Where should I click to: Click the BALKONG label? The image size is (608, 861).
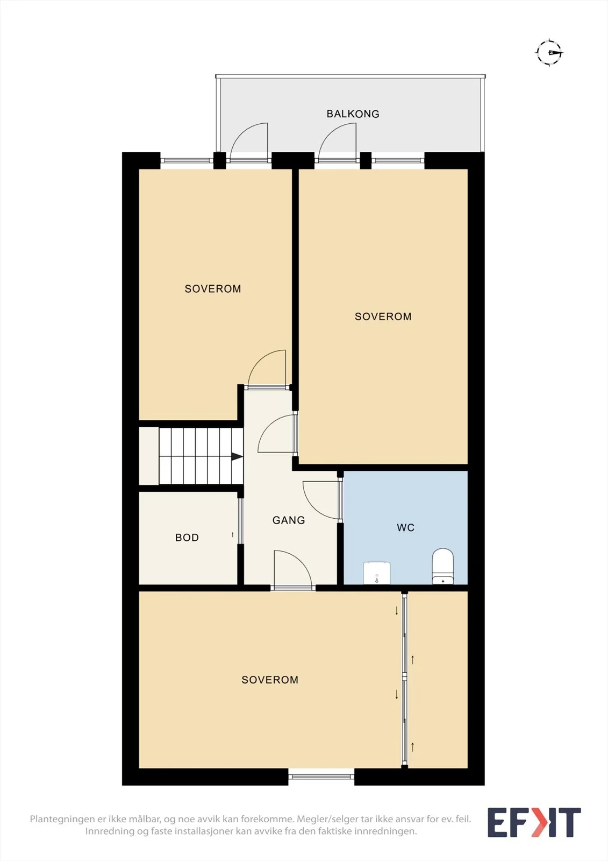[353, 114]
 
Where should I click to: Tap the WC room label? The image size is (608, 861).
[405, 527]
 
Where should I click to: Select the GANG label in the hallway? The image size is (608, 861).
[289, 520]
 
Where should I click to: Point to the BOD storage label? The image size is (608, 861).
[187, 538]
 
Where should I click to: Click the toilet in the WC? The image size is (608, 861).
[443, 566]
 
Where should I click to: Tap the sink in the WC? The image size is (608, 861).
[377, 573]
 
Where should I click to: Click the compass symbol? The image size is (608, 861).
[549, 52]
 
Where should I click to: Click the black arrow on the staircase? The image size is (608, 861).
[237, 457]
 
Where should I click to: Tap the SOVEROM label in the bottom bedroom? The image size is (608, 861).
[270, 680]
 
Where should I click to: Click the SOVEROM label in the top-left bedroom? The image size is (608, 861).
[213, 288]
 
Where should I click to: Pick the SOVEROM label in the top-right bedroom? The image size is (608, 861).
[383, 316]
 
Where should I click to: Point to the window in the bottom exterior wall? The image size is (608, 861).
[321, 777]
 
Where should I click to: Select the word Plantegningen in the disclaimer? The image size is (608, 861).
[62, 819]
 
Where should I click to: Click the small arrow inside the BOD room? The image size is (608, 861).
[232, 535]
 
